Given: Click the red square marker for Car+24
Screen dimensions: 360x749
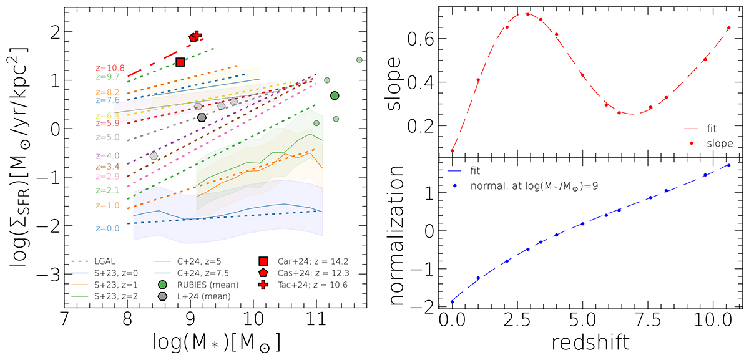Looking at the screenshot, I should coord(180,62).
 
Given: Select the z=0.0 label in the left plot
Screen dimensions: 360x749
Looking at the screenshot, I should coord(107,228).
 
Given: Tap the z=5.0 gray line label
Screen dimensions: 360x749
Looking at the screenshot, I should coord(107,137).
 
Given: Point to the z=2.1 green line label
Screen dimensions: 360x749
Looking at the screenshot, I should coord(107,190).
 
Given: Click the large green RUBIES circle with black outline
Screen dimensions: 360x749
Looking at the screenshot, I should coord(335,95).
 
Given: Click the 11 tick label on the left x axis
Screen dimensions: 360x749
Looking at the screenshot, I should coord(316,322).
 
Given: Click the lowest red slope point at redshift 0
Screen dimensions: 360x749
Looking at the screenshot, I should coord(453,150).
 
